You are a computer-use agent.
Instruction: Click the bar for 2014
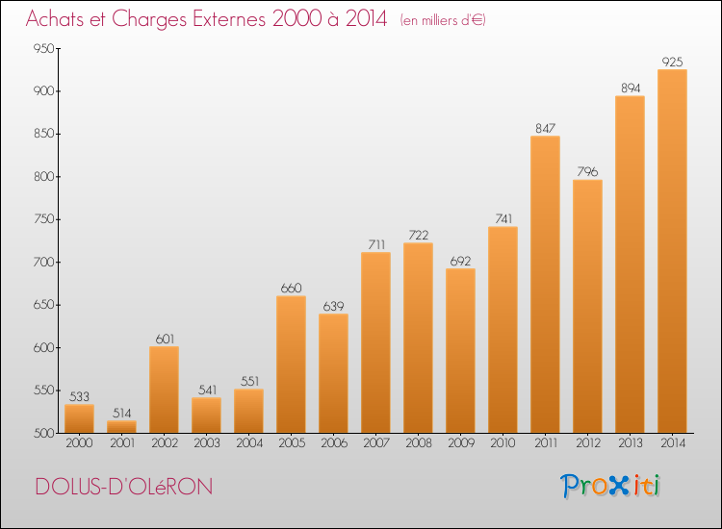(672, 251)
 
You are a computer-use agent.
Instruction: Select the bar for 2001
(121, 427)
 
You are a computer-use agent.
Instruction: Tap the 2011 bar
(545, 285)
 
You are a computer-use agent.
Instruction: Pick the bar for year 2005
(291, 365)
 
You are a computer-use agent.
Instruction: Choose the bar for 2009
(460, 350)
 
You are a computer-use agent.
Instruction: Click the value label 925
(672, 62)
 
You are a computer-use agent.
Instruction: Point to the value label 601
(165, 339)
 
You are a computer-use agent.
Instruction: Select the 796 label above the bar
(587, 171)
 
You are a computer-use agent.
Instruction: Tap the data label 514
(121, 413)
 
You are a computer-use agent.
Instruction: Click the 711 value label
(376, 244)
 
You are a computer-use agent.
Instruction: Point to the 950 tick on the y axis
(43, 48)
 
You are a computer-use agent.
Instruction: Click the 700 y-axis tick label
(43, 263)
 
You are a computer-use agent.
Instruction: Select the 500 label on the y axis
(43, 433)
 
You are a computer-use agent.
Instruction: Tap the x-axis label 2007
(376, 443)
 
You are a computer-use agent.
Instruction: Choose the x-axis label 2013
(630, 443)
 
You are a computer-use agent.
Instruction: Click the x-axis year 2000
(79, 443)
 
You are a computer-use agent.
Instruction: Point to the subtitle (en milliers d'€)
(443, 20)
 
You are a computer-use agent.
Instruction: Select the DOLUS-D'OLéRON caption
(124, 487)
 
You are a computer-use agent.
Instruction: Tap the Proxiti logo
(610, 486)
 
